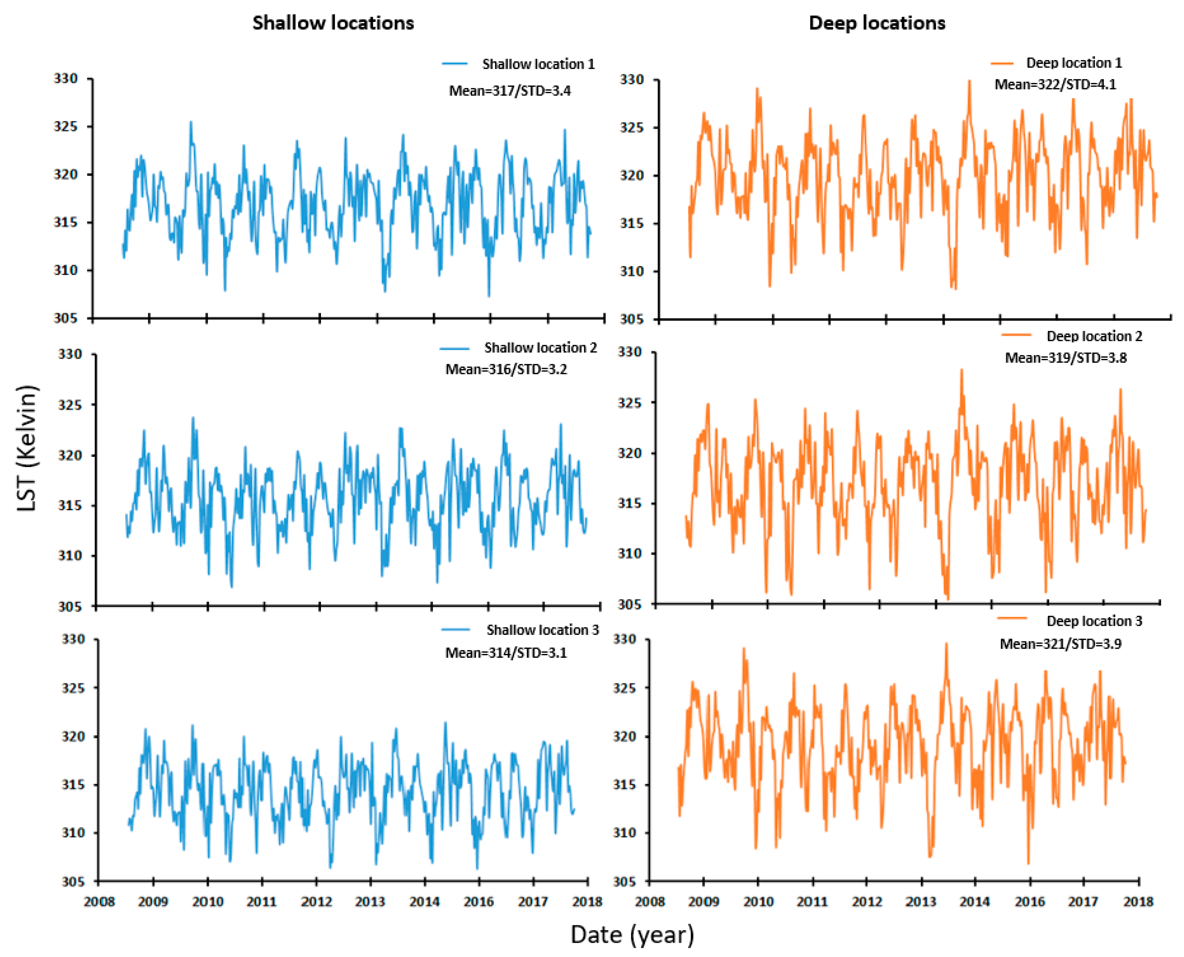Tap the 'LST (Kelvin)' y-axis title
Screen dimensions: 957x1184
(26, 448)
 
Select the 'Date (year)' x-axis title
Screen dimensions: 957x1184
(632, 934)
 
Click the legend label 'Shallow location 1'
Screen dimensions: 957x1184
(538, 64)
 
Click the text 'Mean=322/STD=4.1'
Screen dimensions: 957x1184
(1055, 84)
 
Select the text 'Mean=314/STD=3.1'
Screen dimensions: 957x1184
(506, 653)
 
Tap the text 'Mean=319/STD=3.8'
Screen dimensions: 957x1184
(1066, 358)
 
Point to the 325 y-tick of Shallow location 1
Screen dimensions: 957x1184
(65, 126)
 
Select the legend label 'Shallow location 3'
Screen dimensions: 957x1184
(542, 629)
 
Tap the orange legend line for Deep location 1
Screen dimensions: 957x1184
(1002, 63)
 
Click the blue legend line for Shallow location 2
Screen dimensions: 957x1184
(454, 348)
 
